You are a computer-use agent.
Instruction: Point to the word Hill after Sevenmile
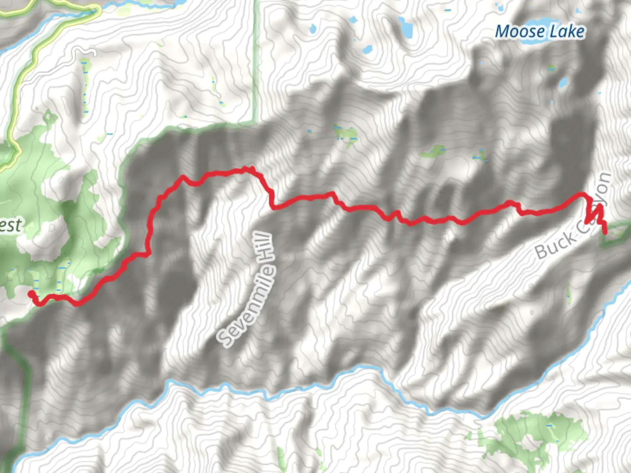click(x=267, y=248)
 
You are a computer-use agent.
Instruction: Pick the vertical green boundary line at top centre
click(x=257, y=61)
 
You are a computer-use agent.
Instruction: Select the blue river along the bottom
click(x=307, y=385)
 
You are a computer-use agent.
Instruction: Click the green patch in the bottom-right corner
click(x=539, y=434)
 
